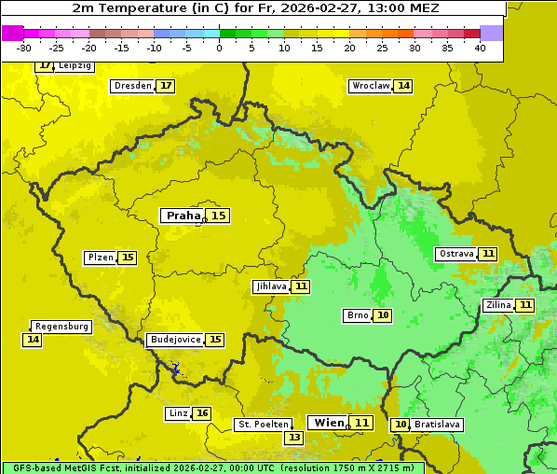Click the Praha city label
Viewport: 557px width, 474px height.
pos(183,216)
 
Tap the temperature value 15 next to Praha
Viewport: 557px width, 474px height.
pos(218,216)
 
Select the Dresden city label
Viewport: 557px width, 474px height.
pos(131,86)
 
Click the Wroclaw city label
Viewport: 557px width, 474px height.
pos(370,86)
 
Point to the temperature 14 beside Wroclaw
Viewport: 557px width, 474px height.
pos(403,86)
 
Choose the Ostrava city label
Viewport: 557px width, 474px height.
pos(456,254)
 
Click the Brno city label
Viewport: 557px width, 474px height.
pos(357,315)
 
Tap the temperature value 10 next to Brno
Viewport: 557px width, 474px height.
pos(383,315)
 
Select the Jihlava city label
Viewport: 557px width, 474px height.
pos(270,286)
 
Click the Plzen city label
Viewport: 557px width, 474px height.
pos(100,258)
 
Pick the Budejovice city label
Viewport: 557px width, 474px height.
pos(174,340)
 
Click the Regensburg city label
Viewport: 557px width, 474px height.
pos(61,327)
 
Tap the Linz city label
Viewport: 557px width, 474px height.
pos(178,413)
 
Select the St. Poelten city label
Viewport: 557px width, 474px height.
pos(264,425)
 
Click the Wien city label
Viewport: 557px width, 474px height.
pos(329,423)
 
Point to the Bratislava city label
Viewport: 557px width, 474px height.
pos(438,425)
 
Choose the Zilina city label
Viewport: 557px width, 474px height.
pos(498,305)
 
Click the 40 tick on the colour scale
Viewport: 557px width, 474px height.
pos(480,48)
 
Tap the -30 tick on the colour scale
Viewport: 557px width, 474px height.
pos(24,48)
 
